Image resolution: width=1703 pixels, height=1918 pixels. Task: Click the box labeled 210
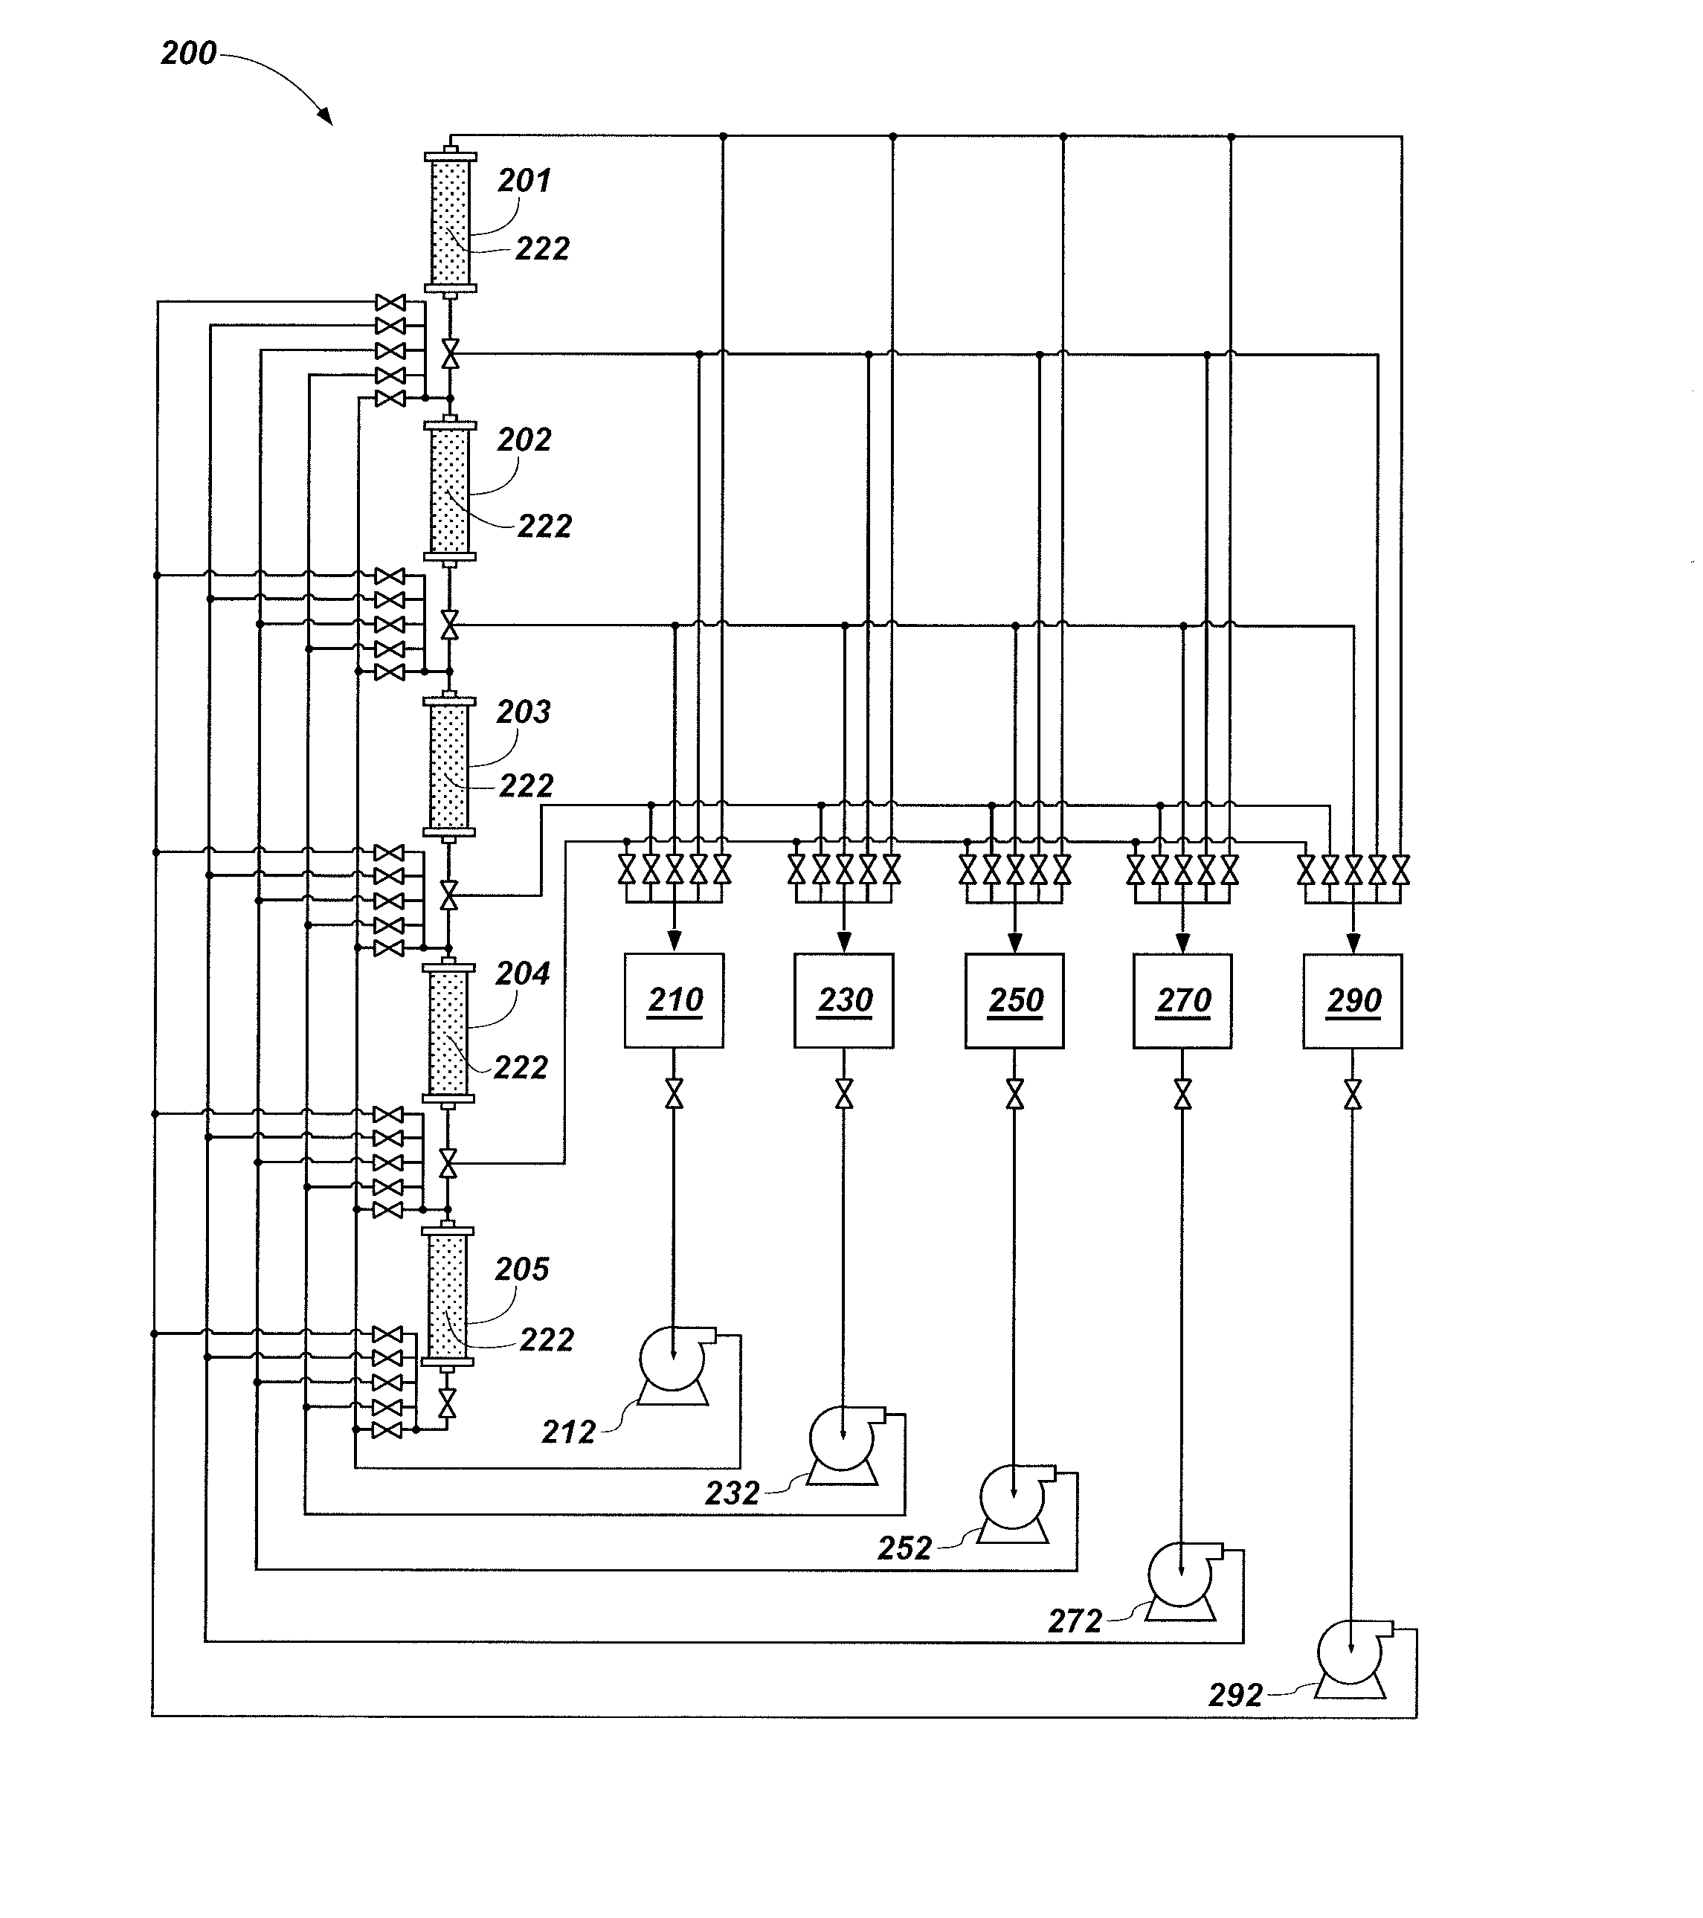point(674,1000)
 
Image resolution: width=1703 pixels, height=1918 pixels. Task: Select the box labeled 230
point(843,1000)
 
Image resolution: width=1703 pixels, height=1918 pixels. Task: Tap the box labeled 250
point(1014,1000)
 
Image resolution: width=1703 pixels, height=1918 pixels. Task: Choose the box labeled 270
point(1182,1000)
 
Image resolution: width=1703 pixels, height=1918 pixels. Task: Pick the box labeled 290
point(1352,1000)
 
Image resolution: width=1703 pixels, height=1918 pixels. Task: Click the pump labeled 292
point(1352,1657)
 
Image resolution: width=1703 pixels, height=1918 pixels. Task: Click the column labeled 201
point(451,222)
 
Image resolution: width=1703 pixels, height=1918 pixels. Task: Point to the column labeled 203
point(449,765)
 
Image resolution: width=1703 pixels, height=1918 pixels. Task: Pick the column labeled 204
point(448,1032)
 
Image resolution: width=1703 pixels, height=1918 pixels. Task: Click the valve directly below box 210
point(674,1093)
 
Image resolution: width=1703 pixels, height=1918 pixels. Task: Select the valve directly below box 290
point(1352,1093)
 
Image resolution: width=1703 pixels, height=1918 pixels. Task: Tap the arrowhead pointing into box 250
point(1014,942)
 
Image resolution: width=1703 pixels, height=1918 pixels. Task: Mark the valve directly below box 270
point(1182,1093)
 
